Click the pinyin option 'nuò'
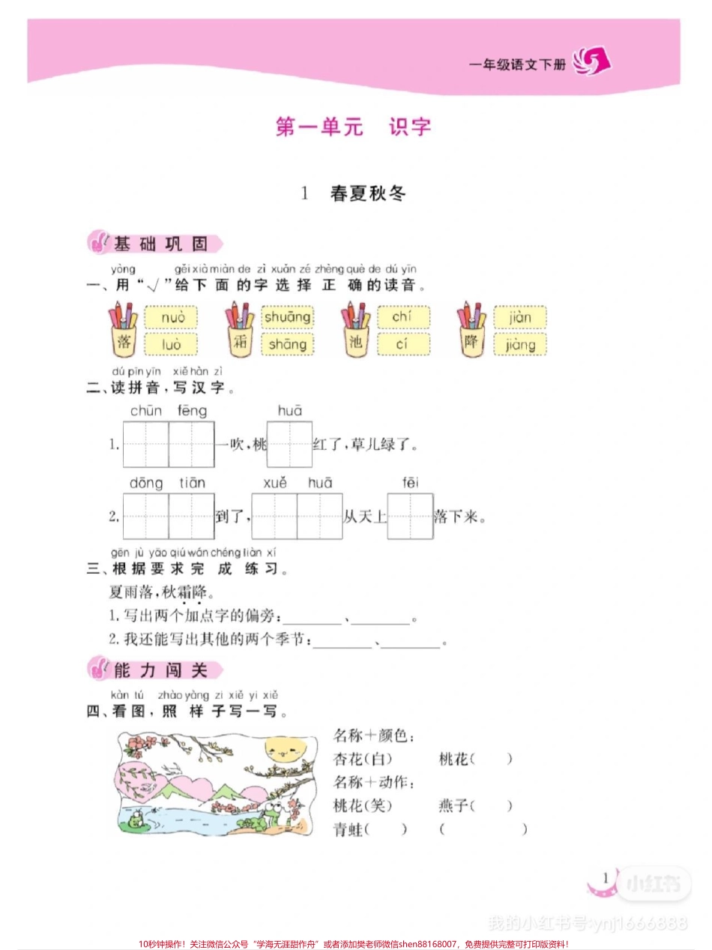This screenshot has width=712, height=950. point(171,318)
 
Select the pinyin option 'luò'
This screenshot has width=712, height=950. point(171,344)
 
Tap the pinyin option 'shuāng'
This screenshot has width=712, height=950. point(287,317)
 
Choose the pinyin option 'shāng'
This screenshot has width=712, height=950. point(287,344)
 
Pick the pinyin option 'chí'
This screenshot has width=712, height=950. point(403,317)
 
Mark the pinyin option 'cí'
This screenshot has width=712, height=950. point(403,344)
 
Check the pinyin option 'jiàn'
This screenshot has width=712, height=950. point(519,317)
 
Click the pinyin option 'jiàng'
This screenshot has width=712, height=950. point(519,344)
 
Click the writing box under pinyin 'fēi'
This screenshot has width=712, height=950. point(410,517)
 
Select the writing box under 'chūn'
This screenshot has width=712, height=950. point(146,445)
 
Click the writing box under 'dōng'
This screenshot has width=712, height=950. point(146,517)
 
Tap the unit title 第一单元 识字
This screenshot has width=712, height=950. point(354,126)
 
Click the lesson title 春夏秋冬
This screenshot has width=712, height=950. point(367,193)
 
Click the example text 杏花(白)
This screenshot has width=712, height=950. point(362,759)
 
